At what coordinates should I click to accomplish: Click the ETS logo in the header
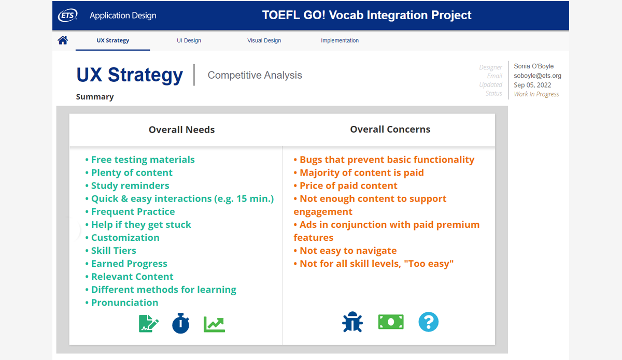[x=67, y=15]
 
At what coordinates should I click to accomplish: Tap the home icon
[x=63, y=40]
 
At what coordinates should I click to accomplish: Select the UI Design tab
[x=189, y=40]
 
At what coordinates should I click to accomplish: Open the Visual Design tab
[x=264, y=40]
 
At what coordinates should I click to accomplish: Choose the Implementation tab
[x=340, y=40]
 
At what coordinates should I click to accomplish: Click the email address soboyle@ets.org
[x=538, y=76]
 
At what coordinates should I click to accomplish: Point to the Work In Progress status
[x=536, y=94]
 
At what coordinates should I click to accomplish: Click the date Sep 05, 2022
[x=532, y=85]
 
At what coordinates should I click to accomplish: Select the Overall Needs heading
[x=181, y=129]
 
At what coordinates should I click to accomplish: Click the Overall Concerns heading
[x=390, y=129]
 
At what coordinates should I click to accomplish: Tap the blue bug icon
[x=352, y=322]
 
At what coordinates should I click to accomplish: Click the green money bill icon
[x=391, y=322]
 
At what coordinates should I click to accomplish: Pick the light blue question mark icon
[x=429, y=322]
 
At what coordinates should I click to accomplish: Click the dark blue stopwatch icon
[x=180, y=323]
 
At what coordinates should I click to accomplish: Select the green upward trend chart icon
[x=214, y=324]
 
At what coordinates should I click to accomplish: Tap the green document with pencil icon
[x=149, y=323]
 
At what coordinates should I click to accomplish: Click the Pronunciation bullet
[x=122, y=303]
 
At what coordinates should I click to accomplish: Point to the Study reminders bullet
[x=127, y=185]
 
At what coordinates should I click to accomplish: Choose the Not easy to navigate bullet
[x=345, y=251]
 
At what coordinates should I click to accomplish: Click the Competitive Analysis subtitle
[x=255, y=75]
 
